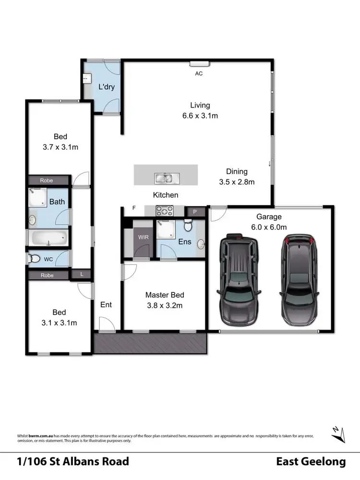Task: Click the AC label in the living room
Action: tap(199, 74)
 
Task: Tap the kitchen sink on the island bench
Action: tap(166, 179)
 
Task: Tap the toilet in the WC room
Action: tap(35, 259)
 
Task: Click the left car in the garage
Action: tap(239, 279)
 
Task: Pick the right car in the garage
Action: tap(298, 279)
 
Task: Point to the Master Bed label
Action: tap(165, 295)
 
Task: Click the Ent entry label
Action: tap(106, 304)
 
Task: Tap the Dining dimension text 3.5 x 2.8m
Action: tap(237, 181)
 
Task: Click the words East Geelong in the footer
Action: tap(311, 462)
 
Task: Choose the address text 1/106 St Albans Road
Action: tap(73, 462)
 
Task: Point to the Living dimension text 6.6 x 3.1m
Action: tap(200, 116)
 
